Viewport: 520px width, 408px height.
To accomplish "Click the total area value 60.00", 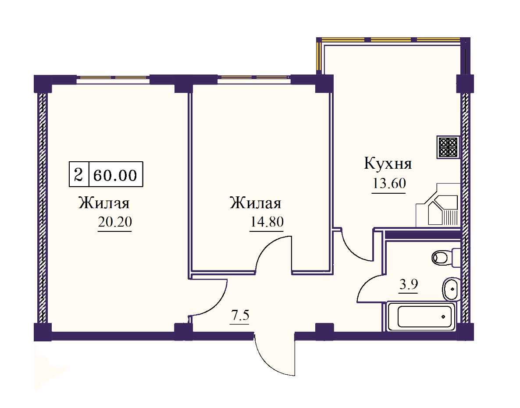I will (115, 176).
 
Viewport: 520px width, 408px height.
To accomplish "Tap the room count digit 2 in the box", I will (79, 176).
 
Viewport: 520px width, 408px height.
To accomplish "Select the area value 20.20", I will (115, 223).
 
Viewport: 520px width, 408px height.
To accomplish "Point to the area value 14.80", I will (267, 222).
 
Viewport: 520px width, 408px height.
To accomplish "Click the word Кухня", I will (388, 164).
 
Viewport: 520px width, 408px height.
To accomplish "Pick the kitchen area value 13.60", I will (389, 184).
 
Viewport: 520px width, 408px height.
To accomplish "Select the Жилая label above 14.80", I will (256, 204).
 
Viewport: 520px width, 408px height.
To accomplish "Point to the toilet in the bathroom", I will (442, 257).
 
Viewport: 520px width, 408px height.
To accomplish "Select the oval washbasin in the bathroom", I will (450, 289).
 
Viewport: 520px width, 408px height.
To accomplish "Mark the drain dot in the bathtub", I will (443, 316).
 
